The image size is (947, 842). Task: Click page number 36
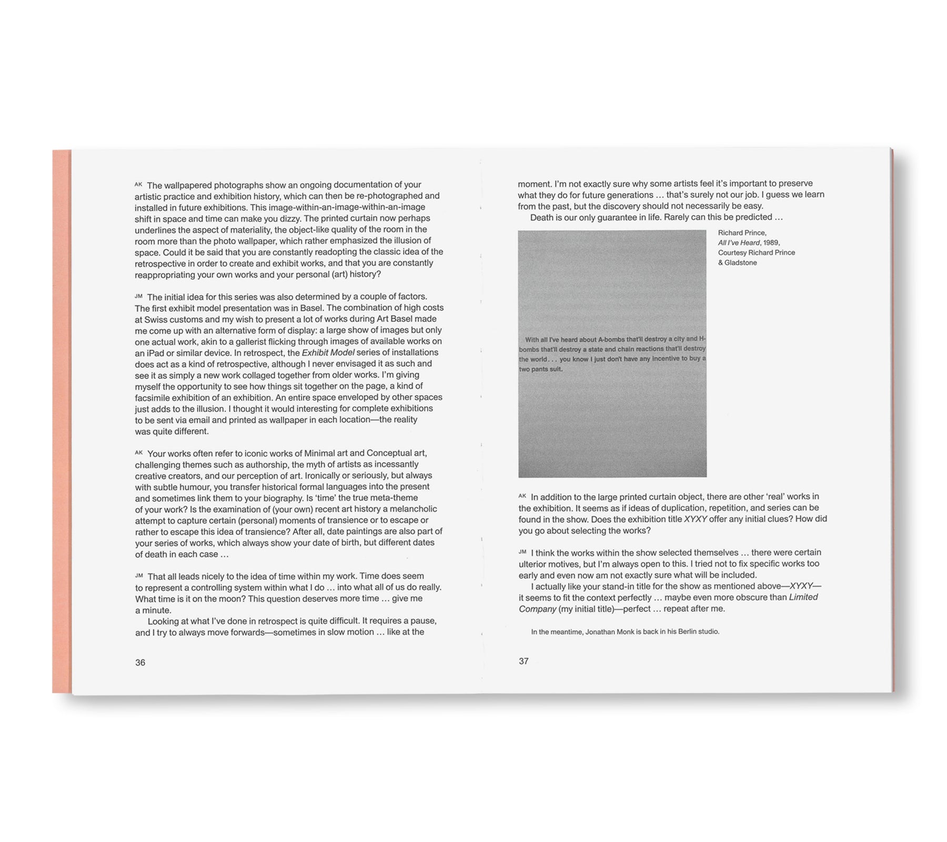[140, 663]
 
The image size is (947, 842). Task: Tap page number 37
[523, 661]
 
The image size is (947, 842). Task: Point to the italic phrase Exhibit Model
[328, 353]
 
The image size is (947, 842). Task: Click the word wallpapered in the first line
[188, 185]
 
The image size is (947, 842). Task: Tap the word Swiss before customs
[156, 319]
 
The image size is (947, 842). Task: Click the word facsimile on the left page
[153, 397]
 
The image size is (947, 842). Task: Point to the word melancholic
[414, 509]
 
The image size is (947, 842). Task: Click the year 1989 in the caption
[771, 243]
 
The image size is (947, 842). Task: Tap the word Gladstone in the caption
[741, 263]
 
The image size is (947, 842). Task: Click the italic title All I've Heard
[739, 243]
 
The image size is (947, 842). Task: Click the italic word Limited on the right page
[803, 597]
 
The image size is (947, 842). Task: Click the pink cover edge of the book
[62, 421]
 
